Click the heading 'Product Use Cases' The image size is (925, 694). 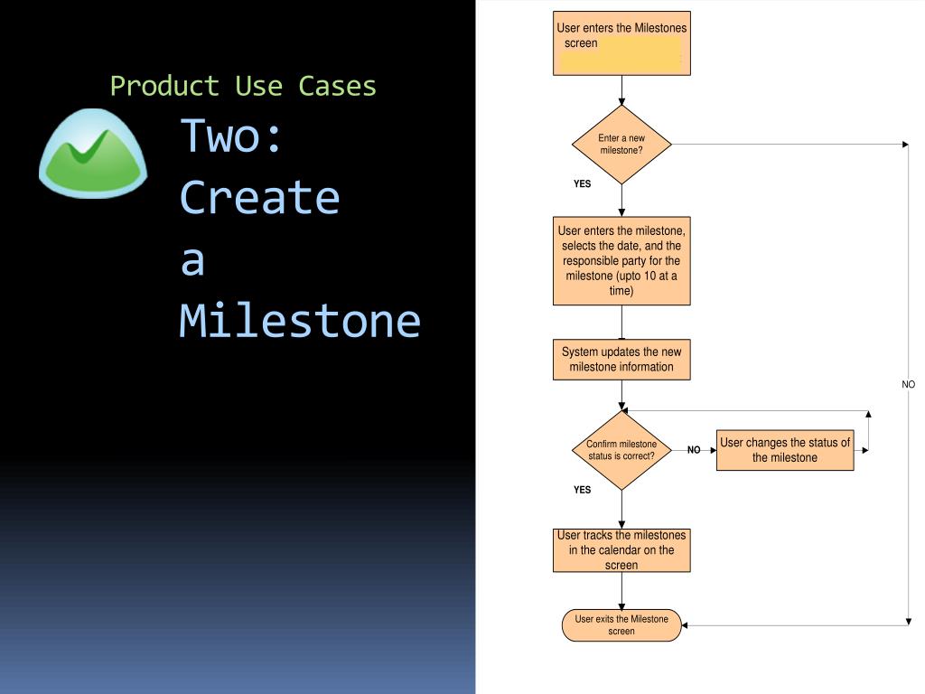(243, 86)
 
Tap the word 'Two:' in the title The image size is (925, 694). (232, 135)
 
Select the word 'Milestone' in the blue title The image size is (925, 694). (300, 320)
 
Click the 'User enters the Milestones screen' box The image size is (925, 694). (621, 43)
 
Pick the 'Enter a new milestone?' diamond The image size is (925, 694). (621, 145)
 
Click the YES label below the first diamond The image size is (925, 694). (583, 183)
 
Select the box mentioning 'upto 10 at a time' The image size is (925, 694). (621, 261)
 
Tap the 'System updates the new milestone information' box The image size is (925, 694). (621, 360)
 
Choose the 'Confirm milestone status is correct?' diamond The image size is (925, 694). (621, 450)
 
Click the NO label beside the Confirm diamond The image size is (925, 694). (694, 449)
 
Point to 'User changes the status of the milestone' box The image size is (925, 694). (785, 450)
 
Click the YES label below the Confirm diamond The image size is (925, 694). (583, 490)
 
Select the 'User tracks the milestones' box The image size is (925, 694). (621, 550)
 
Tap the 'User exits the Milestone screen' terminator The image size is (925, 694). (621, 625)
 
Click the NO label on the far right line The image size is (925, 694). (909, 384)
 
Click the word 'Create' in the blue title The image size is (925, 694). (260, 197)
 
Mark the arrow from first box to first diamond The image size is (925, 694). (621, 90)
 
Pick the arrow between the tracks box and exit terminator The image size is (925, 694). (621, 591)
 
